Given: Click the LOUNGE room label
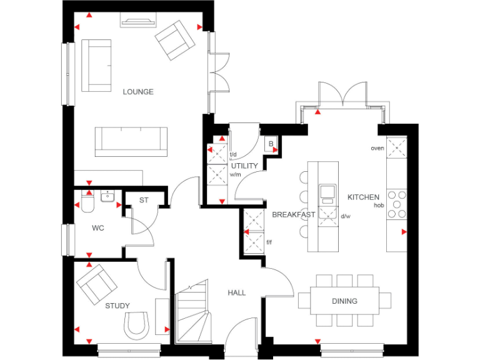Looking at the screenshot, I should [x=137, y=92].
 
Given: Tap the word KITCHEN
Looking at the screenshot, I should [x=363, y=197].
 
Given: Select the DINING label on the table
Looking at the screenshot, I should [x=344, y=301].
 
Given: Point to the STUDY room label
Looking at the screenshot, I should [x=117, y=306].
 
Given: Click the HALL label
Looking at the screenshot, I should [x=236, y=292].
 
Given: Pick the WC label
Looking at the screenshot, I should [x=97, y=228].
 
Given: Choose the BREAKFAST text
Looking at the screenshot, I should [x=293, y=214].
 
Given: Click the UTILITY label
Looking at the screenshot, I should [x=244, y=166].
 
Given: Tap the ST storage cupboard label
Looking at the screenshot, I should [x=144, y=201].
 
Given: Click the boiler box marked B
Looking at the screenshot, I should [x=271, y=144].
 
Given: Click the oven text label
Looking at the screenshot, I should [x=377, y=148].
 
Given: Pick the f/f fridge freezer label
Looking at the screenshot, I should [x=269, y=242].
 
